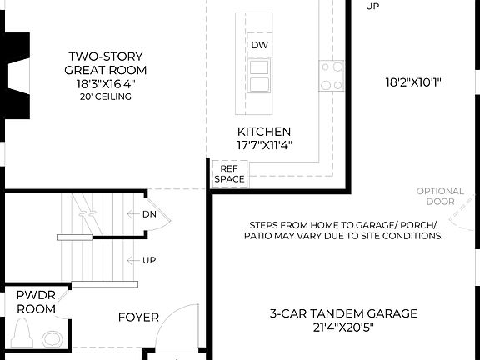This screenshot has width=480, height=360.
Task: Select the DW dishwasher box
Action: click(x=259, y=45)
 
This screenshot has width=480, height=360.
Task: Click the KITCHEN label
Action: click(x=264, y=132)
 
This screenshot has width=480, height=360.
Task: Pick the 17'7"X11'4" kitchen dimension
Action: click(x=264, y=145)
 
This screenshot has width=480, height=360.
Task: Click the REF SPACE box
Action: click(x=229, y=173)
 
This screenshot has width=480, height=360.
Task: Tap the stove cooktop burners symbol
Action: click(x=332, y=76)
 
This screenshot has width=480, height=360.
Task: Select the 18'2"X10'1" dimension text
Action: click(x=412, y=82)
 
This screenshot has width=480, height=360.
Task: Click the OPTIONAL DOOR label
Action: click(x=440, y=197)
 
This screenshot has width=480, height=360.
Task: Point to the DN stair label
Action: click(x=149, y=213)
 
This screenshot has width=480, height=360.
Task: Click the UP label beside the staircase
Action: click(x=149, y=260)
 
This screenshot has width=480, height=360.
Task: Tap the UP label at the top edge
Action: click(x=372, y=6)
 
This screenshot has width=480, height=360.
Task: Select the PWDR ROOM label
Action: click(x=36, y=302)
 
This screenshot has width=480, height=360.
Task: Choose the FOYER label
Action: click(x=138, y=317)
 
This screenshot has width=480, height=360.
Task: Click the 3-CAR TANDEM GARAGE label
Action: click(x=342, y=313)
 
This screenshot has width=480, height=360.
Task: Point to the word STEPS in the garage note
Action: click(x=264, y=225)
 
